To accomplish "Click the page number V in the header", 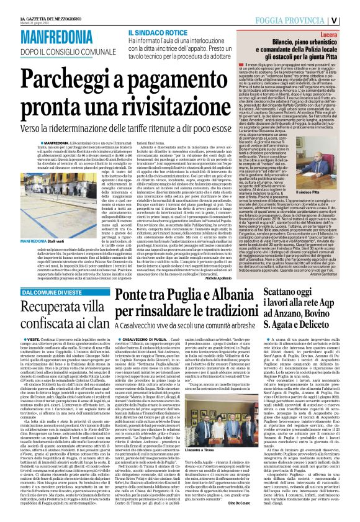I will tap(351, 19).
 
